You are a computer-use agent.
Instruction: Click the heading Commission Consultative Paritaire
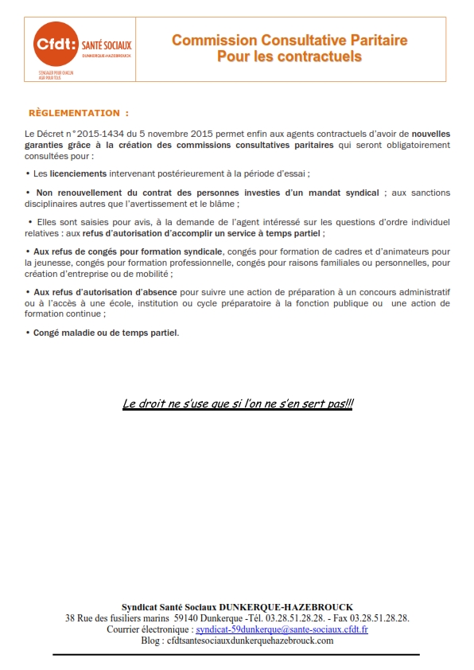point(289,41)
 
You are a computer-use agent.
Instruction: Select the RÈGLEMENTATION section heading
point(78,113)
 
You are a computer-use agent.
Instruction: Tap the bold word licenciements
point(78,173)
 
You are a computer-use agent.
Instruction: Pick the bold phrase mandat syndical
point(348,193)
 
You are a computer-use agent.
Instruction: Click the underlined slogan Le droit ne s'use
point(238,403)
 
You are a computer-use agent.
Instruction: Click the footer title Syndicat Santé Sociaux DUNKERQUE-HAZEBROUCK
point(237,607)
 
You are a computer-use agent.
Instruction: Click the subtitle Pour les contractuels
point(289,56)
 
